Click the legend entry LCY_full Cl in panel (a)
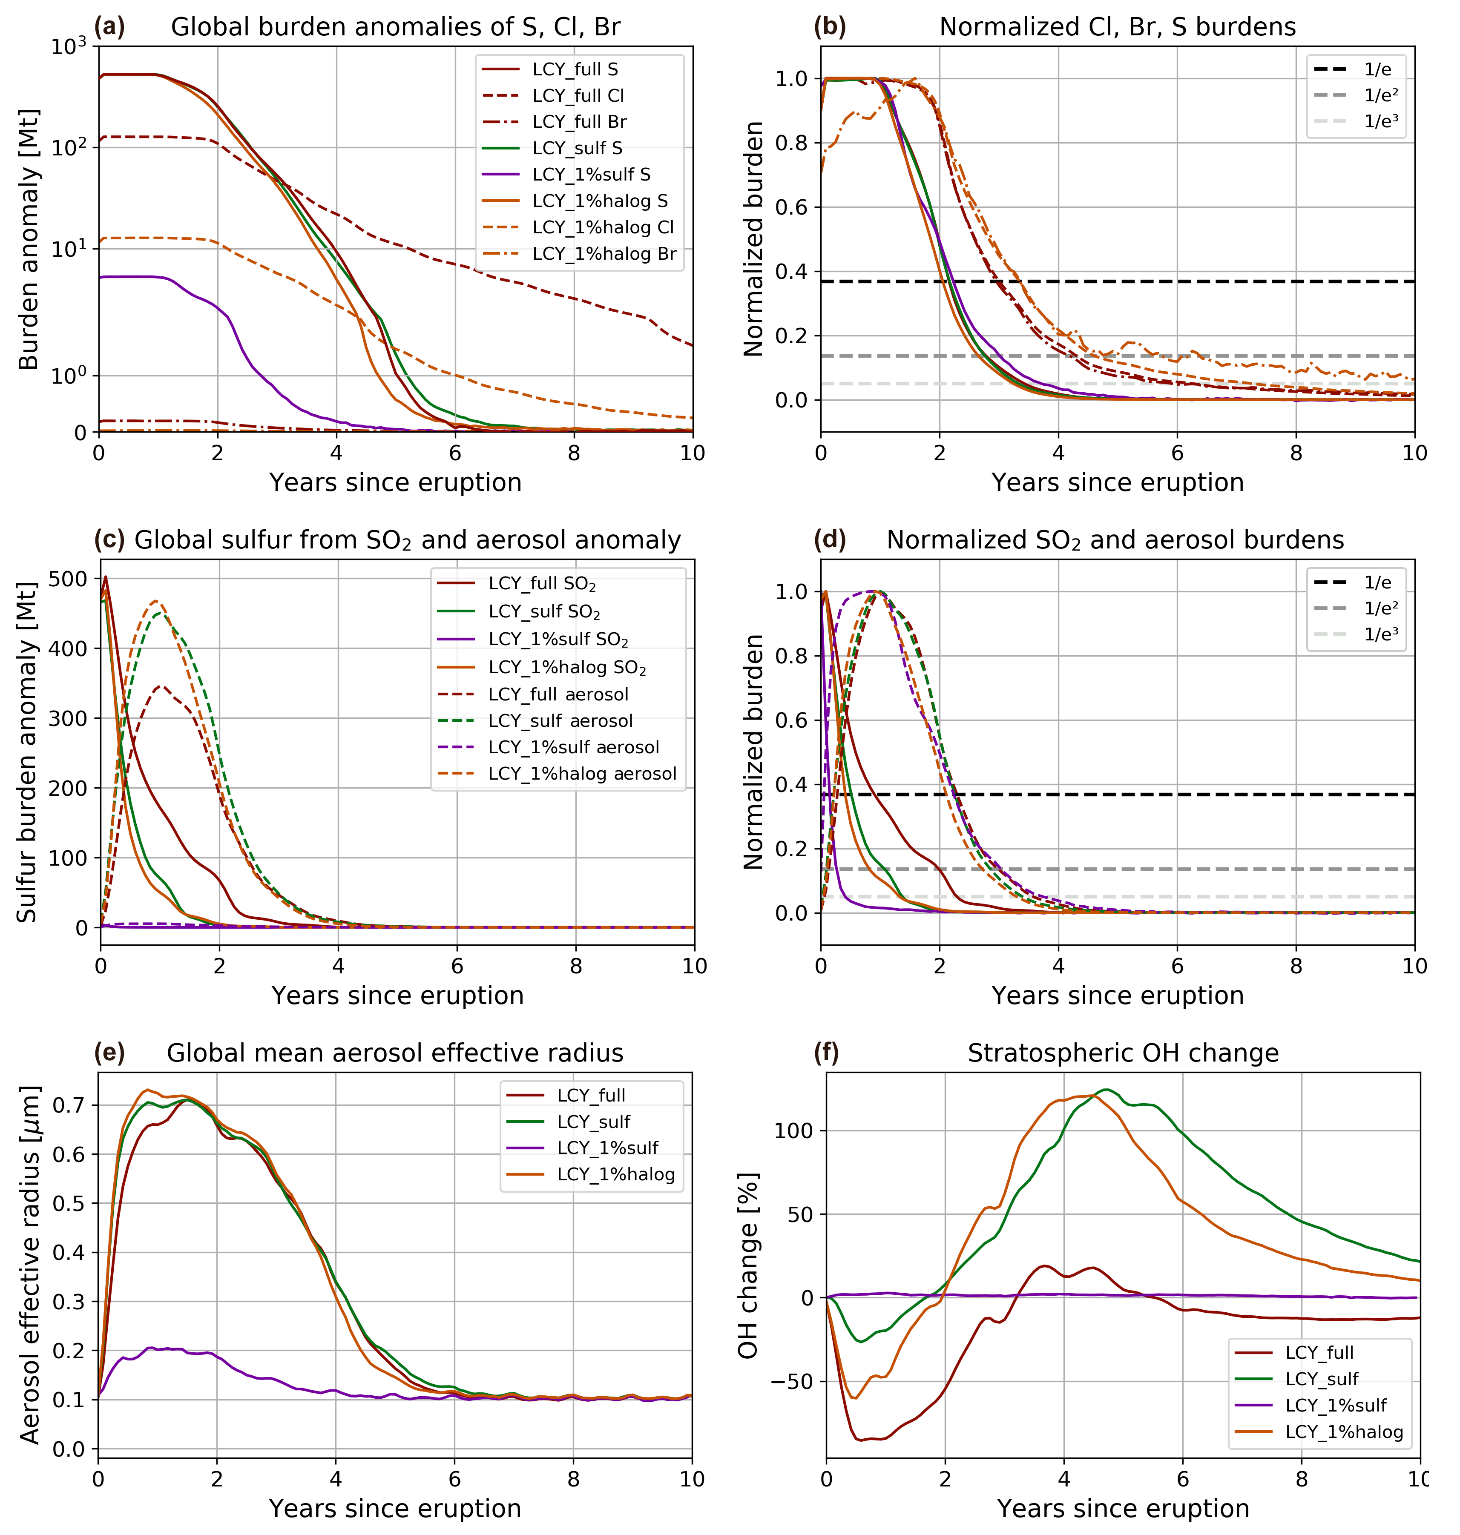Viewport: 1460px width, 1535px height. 578,96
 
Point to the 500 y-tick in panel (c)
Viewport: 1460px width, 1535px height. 70,579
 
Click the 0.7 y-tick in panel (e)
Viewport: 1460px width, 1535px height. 70,1105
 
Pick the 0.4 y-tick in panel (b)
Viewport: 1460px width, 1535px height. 792,272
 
